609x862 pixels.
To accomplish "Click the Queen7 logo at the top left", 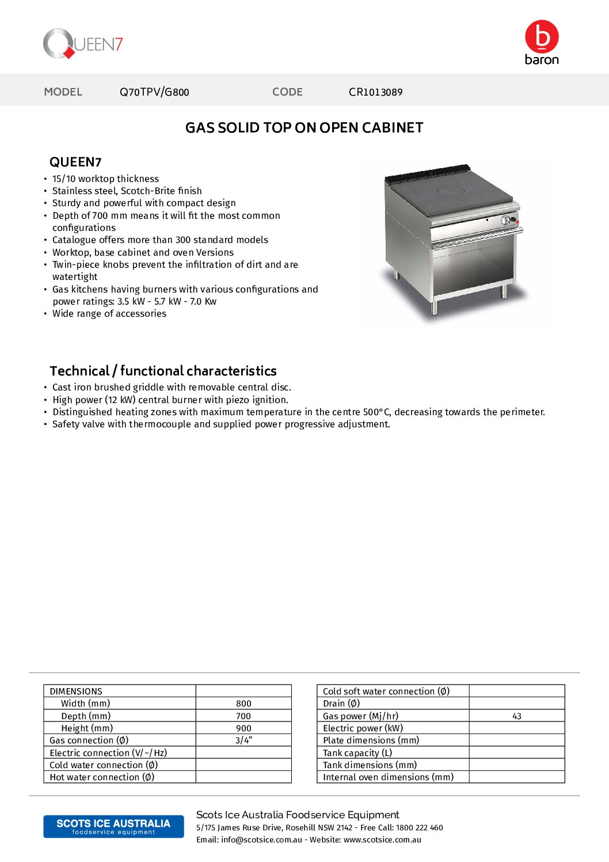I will [x=83, y=44].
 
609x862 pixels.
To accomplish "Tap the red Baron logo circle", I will [x=542, y=37].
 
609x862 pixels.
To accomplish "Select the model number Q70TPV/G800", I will [x=154, y=92].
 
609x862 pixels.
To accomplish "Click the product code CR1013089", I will [x=375, y=92].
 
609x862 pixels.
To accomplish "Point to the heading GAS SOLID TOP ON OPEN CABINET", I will [x=304, y=128].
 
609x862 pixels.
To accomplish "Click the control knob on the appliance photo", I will [x=506, y=220].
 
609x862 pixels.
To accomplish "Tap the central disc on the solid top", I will [x=451, y=191].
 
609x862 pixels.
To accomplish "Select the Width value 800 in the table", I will [x=243, y=704].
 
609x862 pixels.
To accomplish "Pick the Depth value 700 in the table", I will [x=243, y=716].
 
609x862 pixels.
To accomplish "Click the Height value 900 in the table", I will [x=243, y=728].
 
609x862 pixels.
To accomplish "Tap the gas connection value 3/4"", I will [x=243, y=741].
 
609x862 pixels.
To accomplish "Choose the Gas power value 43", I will [x=516, y=716].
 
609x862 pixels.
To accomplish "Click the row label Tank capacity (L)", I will [x=357, y=753].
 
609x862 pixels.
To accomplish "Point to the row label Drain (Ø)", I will [x=341, y=704].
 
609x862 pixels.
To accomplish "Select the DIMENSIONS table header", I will [x=76, y=691].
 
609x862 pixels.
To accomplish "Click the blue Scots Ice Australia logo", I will [x=113, y=826].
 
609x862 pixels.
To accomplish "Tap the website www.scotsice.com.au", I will [x=382, y=840].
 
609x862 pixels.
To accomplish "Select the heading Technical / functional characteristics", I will [x=163, y=371].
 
